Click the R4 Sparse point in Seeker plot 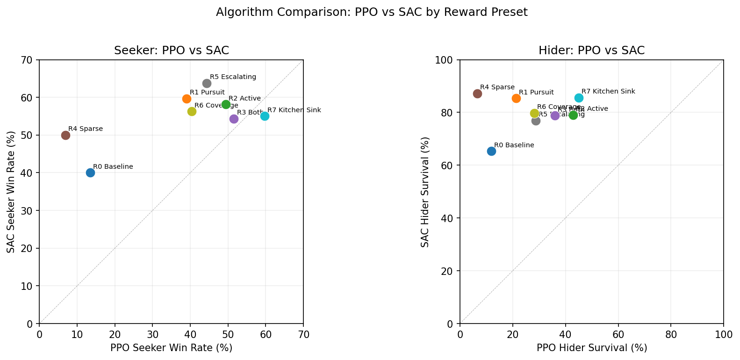65,135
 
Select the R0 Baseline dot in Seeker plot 90,173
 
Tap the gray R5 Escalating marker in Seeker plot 207,83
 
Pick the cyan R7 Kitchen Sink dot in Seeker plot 265,116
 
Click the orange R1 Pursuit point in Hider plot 516,98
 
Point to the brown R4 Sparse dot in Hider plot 477,94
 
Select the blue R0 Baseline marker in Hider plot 491,151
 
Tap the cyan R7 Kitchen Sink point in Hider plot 579,98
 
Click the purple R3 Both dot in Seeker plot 234,119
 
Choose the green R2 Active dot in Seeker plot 226,104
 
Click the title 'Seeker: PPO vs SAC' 172,50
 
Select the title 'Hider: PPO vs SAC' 591,50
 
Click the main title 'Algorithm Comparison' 372,12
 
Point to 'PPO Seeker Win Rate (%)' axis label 171,348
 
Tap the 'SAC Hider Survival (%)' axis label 424,192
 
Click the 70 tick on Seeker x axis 303,334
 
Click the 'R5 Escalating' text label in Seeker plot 233,77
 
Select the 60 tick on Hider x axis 618,334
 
